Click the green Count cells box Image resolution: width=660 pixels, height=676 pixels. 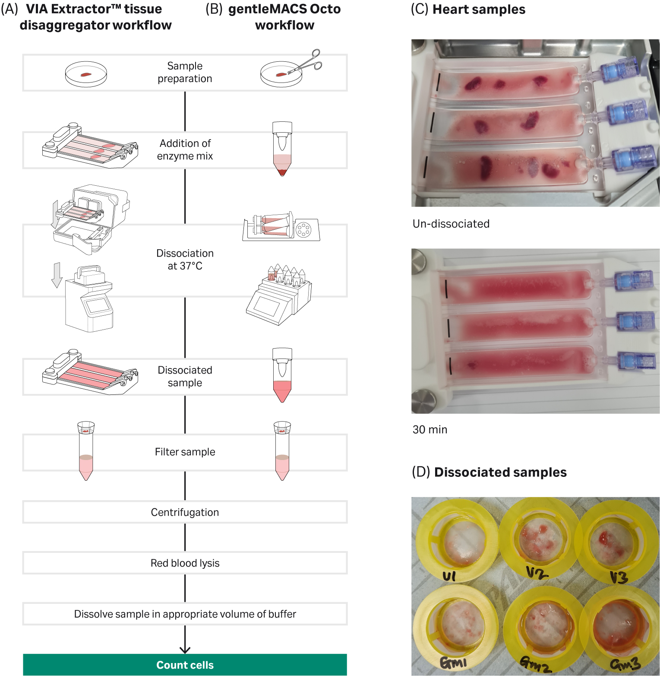pyautogui.click(x=185, y=665)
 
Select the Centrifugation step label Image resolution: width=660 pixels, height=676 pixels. pyautogui.click(x=185, y=512)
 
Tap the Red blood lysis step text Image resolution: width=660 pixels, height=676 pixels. pyautogui.click(x=185, y=563)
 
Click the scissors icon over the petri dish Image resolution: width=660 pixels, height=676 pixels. pyautogui.click(x=307, y=62)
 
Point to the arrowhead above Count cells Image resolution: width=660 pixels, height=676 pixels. pyautogui.click(x=185, y=650)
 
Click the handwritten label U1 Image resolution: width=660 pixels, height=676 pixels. pyautogui.click(x=449, y=576)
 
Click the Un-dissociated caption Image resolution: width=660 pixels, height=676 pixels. pyautogui.click(x=451, y=224)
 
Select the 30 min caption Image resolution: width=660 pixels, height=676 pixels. pyautogui.click(x=430, y=429)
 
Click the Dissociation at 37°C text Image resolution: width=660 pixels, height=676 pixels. pyautogui.click(x=185, y=260)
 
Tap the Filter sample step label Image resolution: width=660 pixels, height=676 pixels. pyautogui.click(x=185, y=452)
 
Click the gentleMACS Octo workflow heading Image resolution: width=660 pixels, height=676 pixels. pyautogui.click(x=284, y=17)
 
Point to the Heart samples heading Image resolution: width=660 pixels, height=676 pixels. pyautogui.click(x=479, y=10)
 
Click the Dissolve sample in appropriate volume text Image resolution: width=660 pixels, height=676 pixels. pyautogui.click(x=185, y=614)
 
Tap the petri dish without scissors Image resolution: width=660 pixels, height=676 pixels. pyautogui.click(x=86, y=74)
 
